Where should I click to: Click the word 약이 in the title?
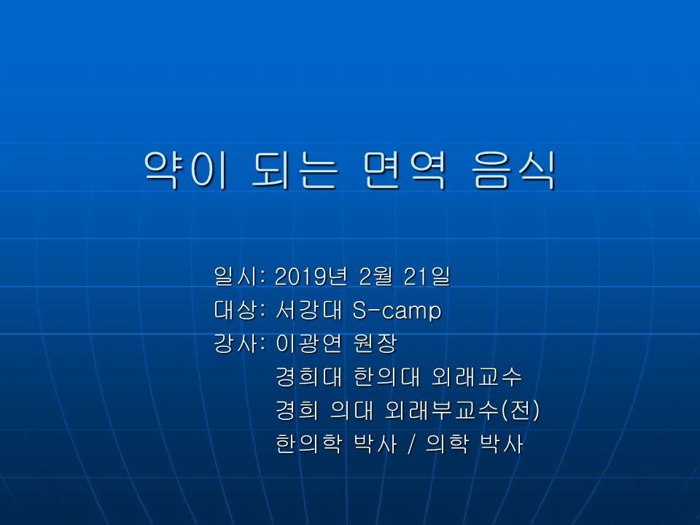[x=186, y=170]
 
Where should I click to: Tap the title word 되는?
[x=295, y=170]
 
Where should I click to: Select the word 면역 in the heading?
[x=405, y=170]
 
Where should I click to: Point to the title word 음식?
[x=513, y=170]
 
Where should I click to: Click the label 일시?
[x=240, y=276]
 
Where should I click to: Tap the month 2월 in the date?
[x=376, y=276]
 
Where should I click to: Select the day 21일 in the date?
[x=427, y=276]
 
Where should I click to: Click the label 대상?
[x=240, y=310]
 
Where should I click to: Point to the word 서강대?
[x=309, y=310]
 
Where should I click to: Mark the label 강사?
[x=240, y=343]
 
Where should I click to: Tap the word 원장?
[x=375, y=343]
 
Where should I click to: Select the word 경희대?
[x=309, y=377]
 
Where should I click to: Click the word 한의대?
[x=386, y=377]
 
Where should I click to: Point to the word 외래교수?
[x=476, y=377]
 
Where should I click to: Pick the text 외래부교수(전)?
[x=462, y=411]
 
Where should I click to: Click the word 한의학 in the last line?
[x=309, y=444]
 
